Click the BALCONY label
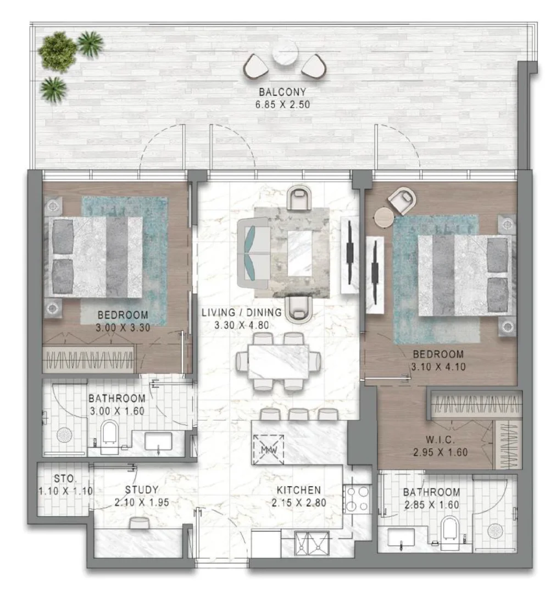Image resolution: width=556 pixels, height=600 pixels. [282, 92]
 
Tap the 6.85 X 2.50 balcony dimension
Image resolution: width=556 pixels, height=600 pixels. [282, 104]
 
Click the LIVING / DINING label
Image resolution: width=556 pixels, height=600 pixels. [241, 312]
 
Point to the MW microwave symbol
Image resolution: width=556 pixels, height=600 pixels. [269, 450]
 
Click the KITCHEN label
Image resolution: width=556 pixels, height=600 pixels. [299, 490]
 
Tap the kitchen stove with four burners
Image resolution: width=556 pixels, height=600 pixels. [357, 498]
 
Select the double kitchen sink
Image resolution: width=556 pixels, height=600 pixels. [312, 543]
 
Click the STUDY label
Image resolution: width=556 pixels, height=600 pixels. [142, 490]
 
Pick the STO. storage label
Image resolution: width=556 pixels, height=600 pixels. [65, 479]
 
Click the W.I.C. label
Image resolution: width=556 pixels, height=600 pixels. [440, 440]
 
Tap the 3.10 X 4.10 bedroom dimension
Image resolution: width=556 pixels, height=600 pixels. [438, 366]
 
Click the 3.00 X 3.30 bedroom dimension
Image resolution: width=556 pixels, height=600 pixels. [123, 327]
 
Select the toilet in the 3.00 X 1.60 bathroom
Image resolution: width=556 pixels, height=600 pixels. [109, 437]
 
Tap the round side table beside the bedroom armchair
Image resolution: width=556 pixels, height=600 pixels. [384, 218]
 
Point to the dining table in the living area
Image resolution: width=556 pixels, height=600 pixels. [279, 362]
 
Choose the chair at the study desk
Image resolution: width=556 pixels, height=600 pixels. [140, 523]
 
